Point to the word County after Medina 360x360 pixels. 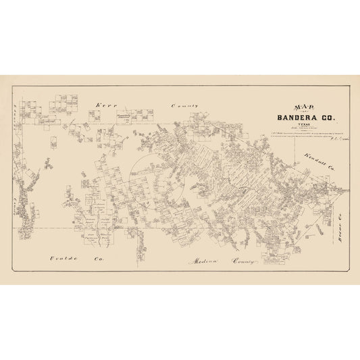click(x=240, y=260)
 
